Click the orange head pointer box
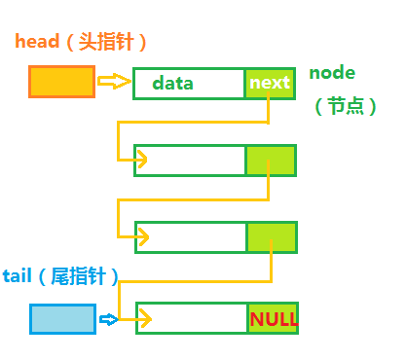[x=61, y=82]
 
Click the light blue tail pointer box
[x=62, y=318]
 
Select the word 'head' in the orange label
[x=35, y=42]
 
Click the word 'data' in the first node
[x=172, y=83]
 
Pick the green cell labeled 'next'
[x=270, y=83]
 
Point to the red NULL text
[x=274, y=319]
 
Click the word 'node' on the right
[x=332, y=73]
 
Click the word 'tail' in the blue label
[x=20, y=276]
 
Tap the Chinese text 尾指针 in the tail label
[x=82, y=276]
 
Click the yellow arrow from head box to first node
[x=115, y=82]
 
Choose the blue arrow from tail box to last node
[x=108, y=318]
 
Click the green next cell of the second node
[x=271, y=159]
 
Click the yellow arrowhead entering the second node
[x=142, y=159]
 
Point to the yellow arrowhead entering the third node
[x=142, y=236]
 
